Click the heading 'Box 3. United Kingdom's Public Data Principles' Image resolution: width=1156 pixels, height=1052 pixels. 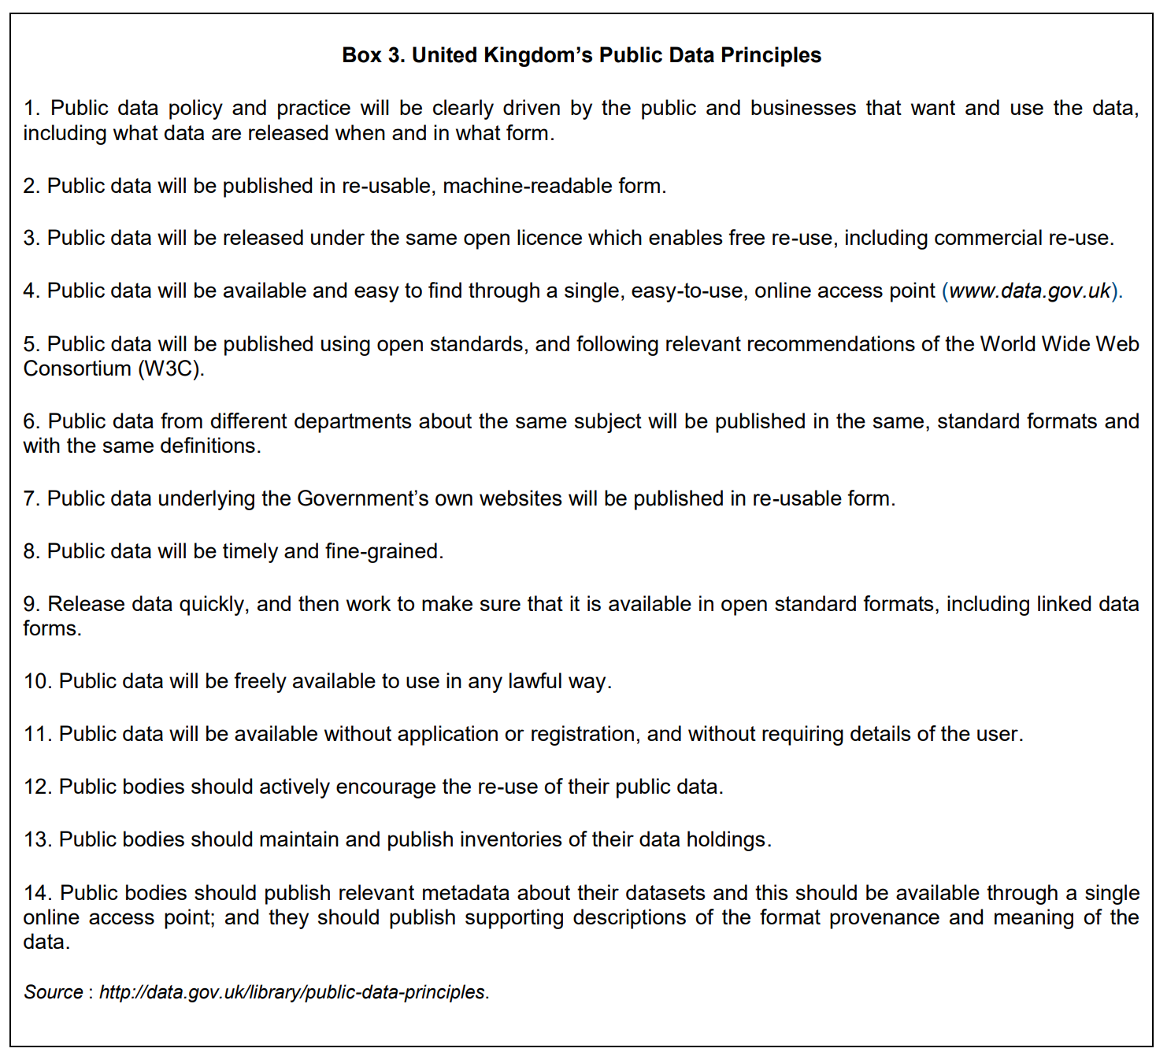(581, 55)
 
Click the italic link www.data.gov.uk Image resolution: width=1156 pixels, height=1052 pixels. (1029, 291)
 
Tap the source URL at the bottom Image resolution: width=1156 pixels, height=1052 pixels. (292, 992)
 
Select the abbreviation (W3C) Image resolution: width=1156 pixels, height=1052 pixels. (171, 369)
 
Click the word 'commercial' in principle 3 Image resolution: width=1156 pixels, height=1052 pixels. (988, 238)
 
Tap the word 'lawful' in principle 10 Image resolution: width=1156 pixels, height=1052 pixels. (535, 681)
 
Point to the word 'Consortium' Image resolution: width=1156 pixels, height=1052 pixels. (77, 369)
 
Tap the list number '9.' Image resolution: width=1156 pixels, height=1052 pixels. (31, 604)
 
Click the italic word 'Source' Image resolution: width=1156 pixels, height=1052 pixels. (53, 992)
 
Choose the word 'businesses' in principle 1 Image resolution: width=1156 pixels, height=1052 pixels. (802, 108)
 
